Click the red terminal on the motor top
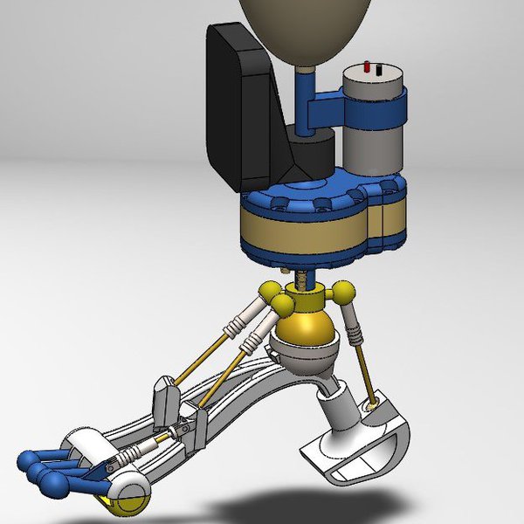pos(369,67)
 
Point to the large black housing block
pos(240,105)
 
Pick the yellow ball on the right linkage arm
pos(346,291)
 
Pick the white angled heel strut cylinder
pos(336,410)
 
